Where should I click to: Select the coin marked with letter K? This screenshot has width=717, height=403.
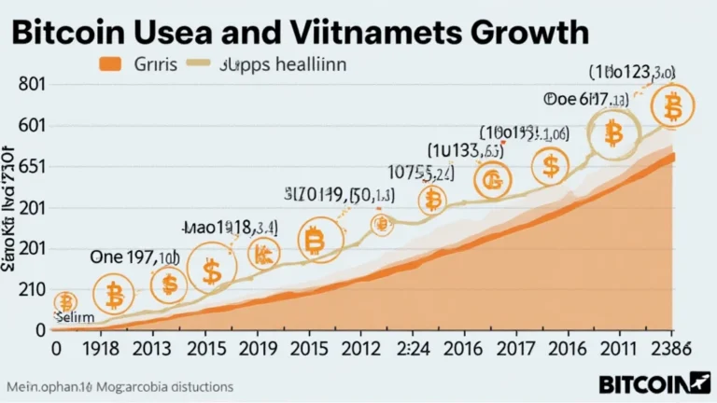(x=265, y=252)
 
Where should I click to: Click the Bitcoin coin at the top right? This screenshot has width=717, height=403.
(x=670, y=107)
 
